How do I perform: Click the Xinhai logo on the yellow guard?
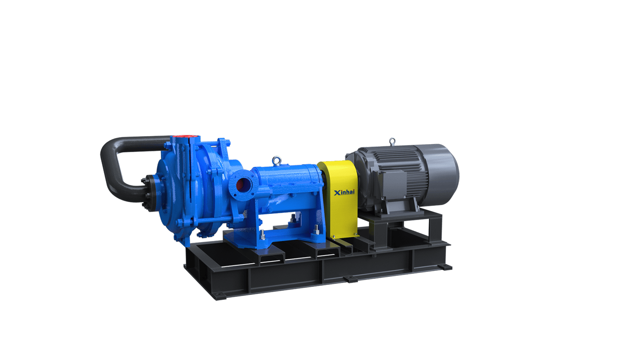(x=344, y=192)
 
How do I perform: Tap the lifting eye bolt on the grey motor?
(x=393, y=142)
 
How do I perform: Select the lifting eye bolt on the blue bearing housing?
(x=276, y=160)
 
